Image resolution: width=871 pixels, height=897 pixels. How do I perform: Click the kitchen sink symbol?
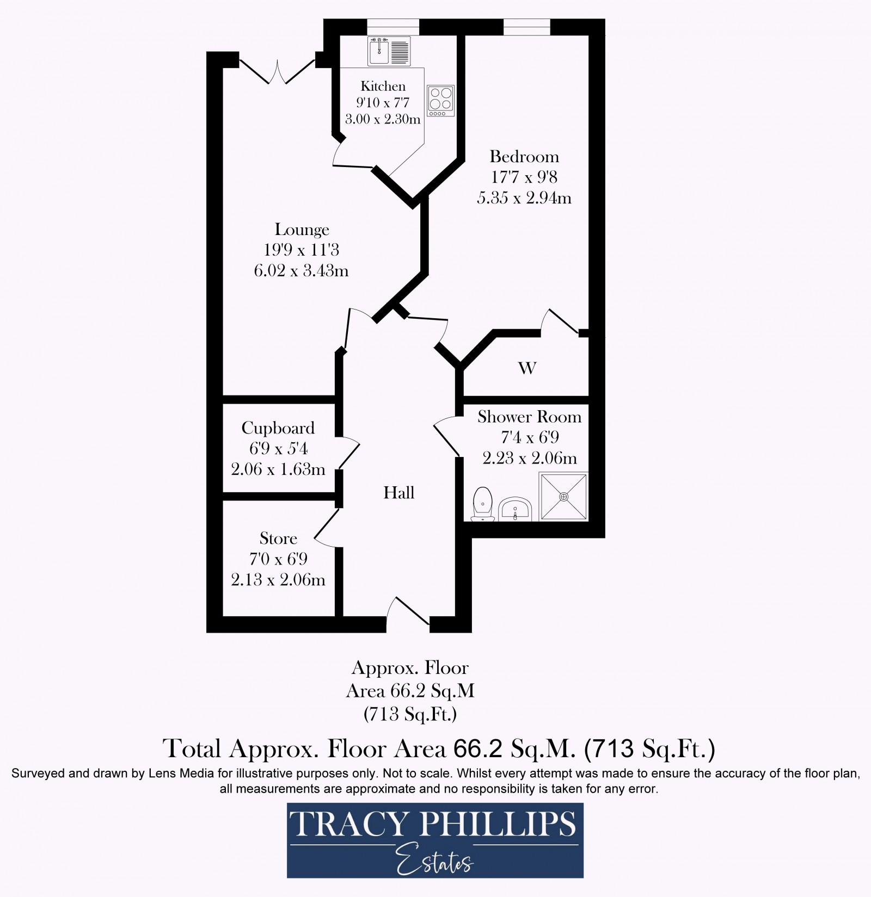click(389, 51)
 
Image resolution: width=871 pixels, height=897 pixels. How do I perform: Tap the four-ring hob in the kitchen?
click(440, 100)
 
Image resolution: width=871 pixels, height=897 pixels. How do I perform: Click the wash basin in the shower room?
click(514, 509)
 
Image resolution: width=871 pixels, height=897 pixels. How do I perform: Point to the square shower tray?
click(563, 496)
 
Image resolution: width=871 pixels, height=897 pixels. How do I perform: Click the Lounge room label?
click(302, 230)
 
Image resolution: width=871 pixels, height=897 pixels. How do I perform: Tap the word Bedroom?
click(524, 157)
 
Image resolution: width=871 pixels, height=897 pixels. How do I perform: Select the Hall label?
click(398, 493)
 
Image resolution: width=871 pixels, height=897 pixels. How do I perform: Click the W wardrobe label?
click(527, 368)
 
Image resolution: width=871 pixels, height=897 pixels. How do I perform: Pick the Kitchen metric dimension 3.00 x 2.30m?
click(383, 119)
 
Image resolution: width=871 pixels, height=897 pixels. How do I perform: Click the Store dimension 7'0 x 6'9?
click(278, 559)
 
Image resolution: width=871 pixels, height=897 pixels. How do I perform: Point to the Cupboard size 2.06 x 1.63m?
click(278, 469)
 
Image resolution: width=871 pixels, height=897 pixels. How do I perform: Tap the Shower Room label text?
click(529, 417)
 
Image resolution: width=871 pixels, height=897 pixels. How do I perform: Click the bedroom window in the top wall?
click(526, 27)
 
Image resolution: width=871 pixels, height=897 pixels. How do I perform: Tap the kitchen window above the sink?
click(393, 27)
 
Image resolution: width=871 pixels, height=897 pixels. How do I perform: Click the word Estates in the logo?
click(434, 862)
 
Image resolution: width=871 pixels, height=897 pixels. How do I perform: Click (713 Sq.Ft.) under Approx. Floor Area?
click(410, 714)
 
